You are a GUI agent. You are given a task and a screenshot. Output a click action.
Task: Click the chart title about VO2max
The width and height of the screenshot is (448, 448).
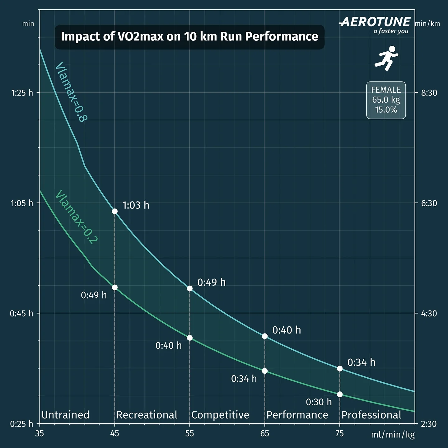click(189, 37)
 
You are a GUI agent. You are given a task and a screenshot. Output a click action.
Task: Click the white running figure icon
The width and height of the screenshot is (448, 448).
click(386, 58)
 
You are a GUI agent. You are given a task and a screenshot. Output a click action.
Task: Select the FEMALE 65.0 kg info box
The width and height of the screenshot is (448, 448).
click(386, 100)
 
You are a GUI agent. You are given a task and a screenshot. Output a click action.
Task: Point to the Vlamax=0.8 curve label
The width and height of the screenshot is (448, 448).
click(71, 92)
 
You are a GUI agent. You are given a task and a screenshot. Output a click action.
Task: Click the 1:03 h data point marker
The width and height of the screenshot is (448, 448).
click(114, 211)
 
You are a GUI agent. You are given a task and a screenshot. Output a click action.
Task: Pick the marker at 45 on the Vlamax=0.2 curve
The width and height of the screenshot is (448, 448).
click(114, 287)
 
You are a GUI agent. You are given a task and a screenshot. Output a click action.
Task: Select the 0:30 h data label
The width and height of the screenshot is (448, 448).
click(319, 402)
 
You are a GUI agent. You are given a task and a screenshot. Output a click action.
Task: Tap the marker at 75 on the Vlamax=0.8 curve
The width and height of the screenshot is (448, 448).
click(340, 368)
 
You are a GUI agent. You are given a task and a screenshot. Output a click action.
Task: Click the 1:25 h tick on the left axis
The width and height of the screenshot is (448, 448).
click(22, 93)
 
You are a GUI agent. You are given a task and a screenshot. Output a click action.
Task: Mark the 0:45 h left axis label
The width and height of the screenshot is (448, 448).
click(21, 313)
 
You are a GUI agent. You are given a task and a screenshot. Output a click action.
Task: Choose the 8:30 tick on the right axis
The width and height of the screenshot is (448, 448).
click(429, 93)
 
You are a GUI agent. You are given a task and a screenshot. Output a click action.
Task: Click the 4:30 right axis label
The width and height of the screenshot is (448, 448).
click(429, 313)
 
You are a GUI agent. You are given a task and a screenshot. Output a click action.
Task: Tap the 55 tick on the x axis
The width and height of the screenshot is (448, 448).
click(189, 433)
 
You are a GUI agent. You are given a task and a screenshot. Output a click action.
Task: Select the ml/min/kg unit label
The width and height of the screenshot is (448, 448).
click(393, 434)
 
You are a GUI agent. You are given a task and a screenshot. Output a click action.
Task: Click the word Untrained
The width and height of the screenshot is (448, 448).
click(65, 415)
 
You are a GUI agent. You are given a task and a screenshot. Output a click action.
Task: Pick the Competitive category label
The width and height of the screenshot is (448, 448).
click(220, 415)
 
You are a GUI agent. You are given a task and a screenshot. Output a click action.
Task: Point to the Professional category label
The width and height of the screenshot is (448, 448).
click(371, 415)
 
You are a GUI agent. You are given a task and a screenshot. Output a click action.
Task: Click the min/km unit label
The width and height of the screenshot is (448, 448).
click(427, 24)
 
